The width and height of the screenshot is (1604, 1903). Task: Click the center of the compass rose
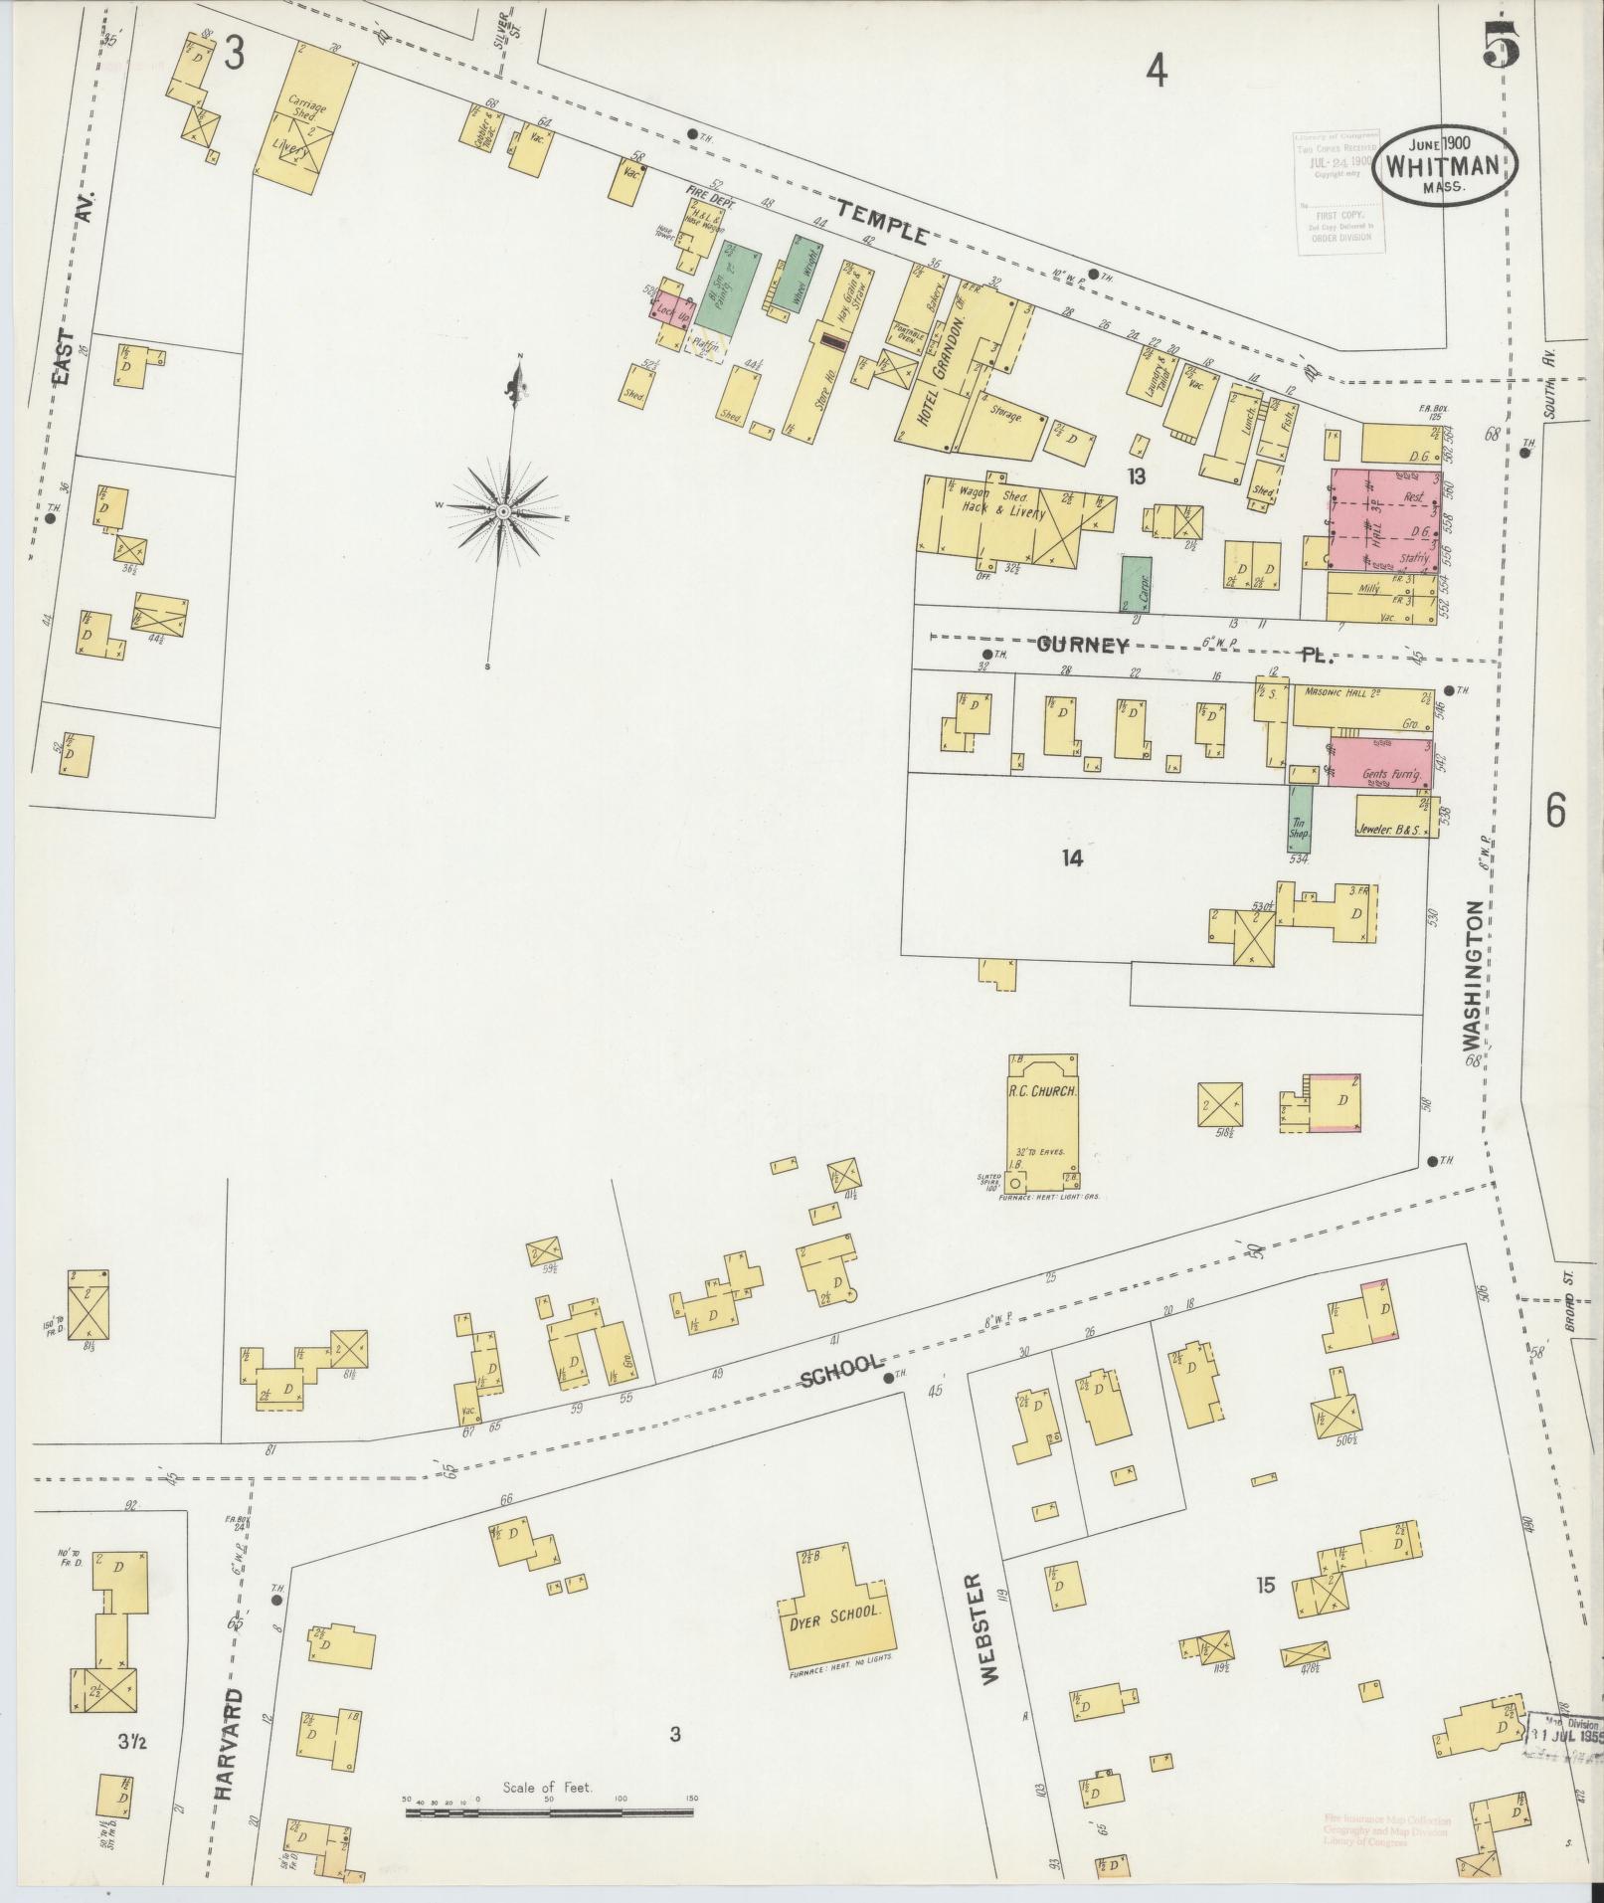click(x=503, y=510)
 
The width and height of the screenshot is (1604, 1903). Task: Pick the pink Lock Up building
click(x=672, y=311)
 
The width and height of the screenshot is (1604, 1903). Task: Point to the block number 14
click(x=1071, y=857)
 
